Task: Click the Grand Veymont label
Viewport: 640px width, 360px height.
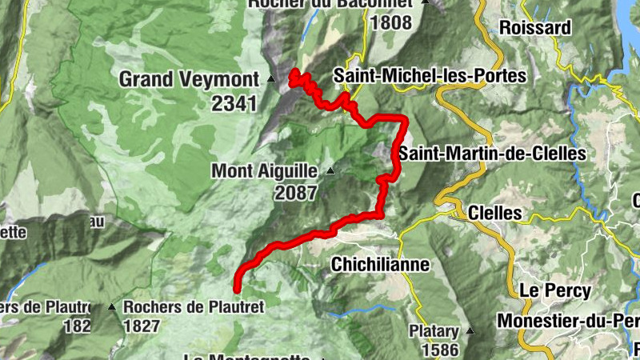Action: [189, 79]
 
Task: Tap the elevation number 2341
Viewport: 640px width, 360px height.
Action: [234, 102]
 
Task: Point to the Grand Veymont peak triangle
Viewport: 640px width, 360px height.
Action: [271, 79]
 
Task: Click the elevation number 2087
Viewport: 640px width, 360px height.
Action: [295, 193]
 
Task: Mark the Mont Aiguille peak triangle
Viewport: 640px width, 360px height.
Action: [330, 170]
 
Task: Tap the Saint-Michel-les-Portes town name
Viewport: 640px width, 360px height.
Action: [430, 76]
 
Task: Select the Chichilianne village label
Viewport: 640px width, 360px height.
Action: [380, 263]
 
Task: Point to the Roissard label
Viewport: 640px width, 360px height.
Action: [534, 27]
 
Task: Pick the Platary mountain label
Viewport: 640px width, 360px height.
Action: [434, 331]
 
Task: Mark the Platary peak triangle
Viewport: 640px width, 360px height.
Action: [470, 331]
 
